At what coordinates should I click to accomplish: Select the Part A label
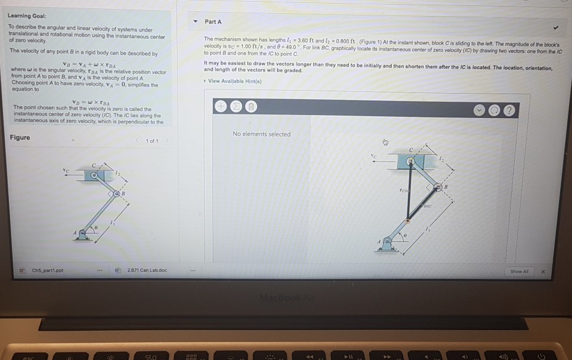click(213, 21)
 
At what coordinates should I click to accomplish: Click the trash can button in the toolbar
click(251, 105)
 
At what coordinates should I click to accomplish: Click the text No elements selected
click(262, 134)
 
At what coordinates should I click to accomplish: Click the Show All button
click(520, 271)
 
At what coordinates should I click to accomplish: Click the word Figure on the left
click(20, 138)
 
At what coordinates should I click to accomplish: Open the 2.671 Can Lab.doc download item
click(146, 271)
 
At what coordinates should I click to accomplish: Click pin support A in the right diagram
click(388, 243)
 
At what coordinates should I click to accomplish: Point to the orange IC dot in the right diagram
click(408, 221)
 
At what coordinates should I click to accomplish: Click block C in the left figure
click(94, 176)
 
